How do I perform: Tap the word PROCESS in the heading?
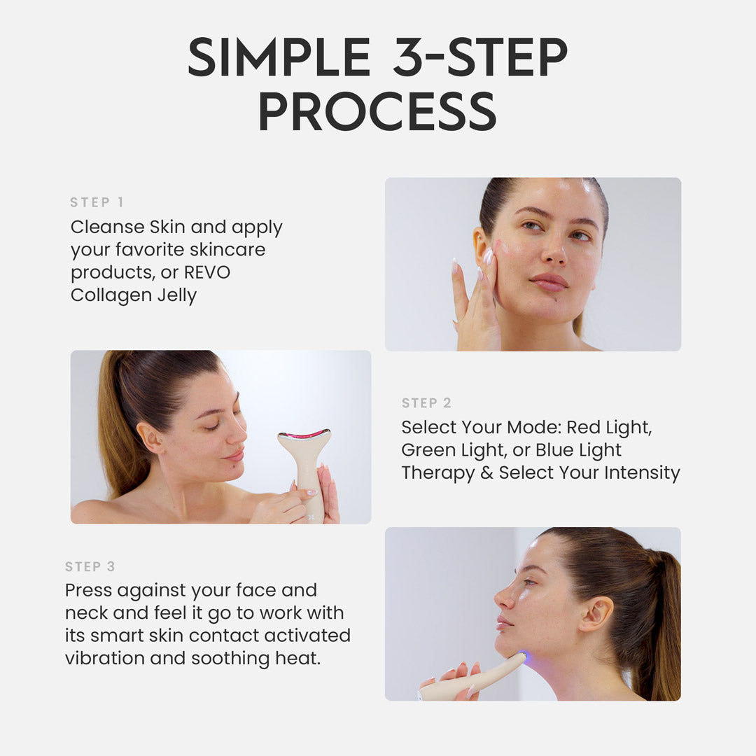click(378, 111)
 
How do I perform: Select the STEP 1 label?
click(97, 202)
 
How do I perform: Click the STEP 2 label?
click(426, 403)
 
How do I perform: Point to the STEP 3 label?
click(90, 566)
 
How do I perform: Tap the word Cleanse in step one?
click(108, 227)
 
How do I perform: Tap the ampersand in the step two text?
click(486, 472)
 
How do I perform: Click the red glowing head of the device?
click(304, 435)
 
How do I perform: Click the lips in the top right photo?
click(549, 282)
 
